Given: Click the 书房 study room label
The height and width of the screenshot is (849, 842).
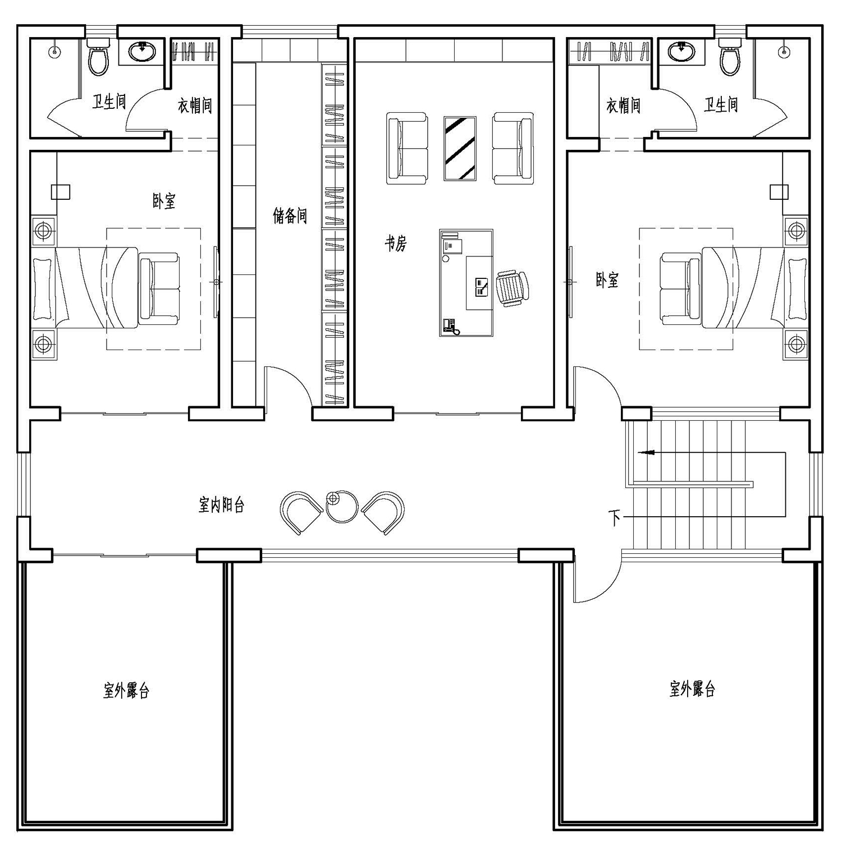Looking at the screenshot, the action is point(395,244).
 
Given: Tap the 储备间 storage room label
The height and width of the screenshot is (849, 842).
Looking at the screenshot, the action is point(290,215).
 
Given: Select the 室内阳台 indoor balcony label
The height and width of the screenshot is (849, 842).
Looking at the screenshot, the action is point(222,505).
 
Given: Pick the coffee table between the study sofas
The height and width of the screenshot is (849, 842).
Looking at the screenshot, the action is point(460,149).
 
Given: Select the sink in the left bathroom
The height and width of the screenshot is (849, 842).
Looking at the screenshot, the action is point(143,52).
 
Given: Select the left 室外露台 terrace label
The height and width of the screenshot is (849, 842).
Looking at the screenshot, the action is point(126,690).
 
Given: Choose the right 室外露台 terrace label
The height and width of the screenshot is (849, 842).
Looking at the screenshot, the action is point(693,689).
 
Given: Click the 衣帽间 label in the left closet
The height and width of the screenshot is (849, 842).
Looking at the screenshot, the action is point(195,105).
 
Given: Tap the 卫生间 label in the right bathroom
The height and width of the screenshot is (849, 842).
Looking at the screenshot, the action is point(721,104).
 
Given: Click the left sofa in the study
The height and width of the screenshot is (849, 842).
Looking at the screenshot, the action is point(406,149).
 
